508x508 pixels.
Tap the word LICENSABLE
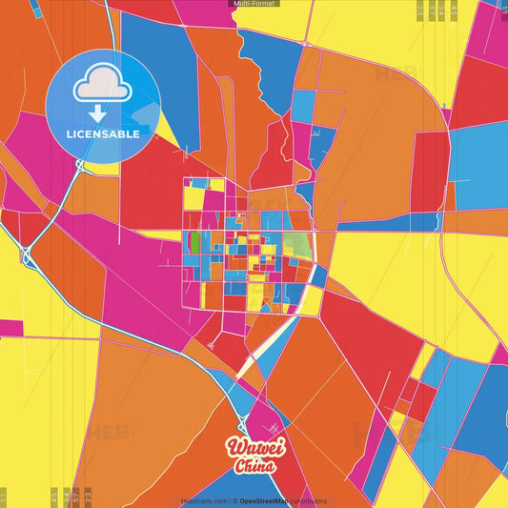point(103,134)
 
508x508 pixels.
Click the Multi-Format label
point(254,4)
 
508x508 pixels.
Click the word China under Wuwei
point(254,467)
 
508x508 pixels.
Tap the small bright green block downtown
point(195,243)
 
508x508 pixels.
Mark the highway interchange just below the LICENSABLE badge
point(81,165)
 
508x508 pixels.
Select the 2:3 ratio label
point(89,496)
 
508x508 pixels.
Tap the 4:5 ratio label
point(53,496)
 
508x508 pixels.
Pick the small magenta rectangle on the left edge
point(10,328)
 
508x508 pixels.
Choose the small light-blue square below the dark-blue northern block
point(302,106)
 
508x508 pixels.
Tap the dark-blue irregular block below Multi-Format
point(272,62)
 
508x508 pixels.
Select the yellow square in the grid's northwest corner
point(194,197)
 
